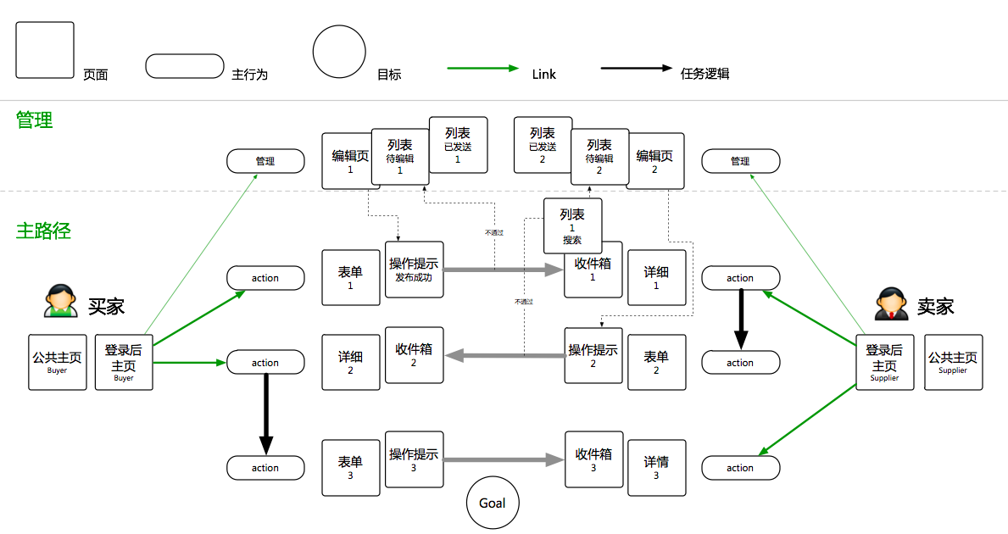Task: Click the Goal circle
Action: [x=492, y=503]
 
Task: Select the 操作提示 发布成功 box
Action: [x=415, y=270]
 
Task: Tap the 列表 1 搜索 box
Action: [x=572, y=226]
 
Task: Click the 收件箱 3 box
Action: [x=593, y=460]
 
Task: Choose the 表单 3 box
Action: [x=350, y=468]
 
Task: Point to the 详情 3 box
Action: [x=656, y=468]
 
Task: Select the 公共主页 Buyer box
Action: [x=58, y=363]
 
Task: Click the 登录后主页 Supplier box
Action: [x=884, y=362]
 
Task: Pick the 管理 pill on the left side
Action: [x=265, y=160]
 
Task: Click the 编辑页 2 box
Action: [x=655, y=161]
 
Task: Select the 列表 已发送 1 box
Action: [x=458, y=145]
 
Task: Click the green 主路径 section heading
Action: [x=42, y=230]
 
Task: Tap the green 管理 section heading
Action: [x=35, y=120]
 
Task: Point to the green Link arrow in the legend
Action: [x=482, y=68]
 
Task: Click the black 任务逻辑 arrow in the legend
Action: [x=636, y=68]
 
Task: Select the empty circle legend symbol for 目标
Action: [x=339, y=52]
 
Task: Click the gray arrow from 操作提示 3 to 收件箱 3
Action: [x=504, y=460]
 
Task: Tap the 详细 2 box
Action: [x=350, y=363]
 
